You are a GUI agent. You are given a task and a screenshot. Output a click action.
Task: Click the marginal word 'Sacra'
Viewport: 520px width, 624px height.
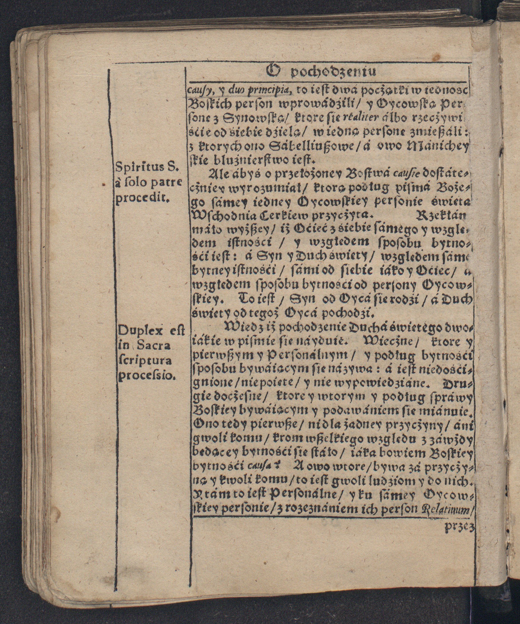[154, 346]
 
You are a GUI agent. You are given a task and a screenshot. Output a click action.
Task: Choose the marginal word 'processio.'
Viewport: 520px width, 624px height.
[146, 376]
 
